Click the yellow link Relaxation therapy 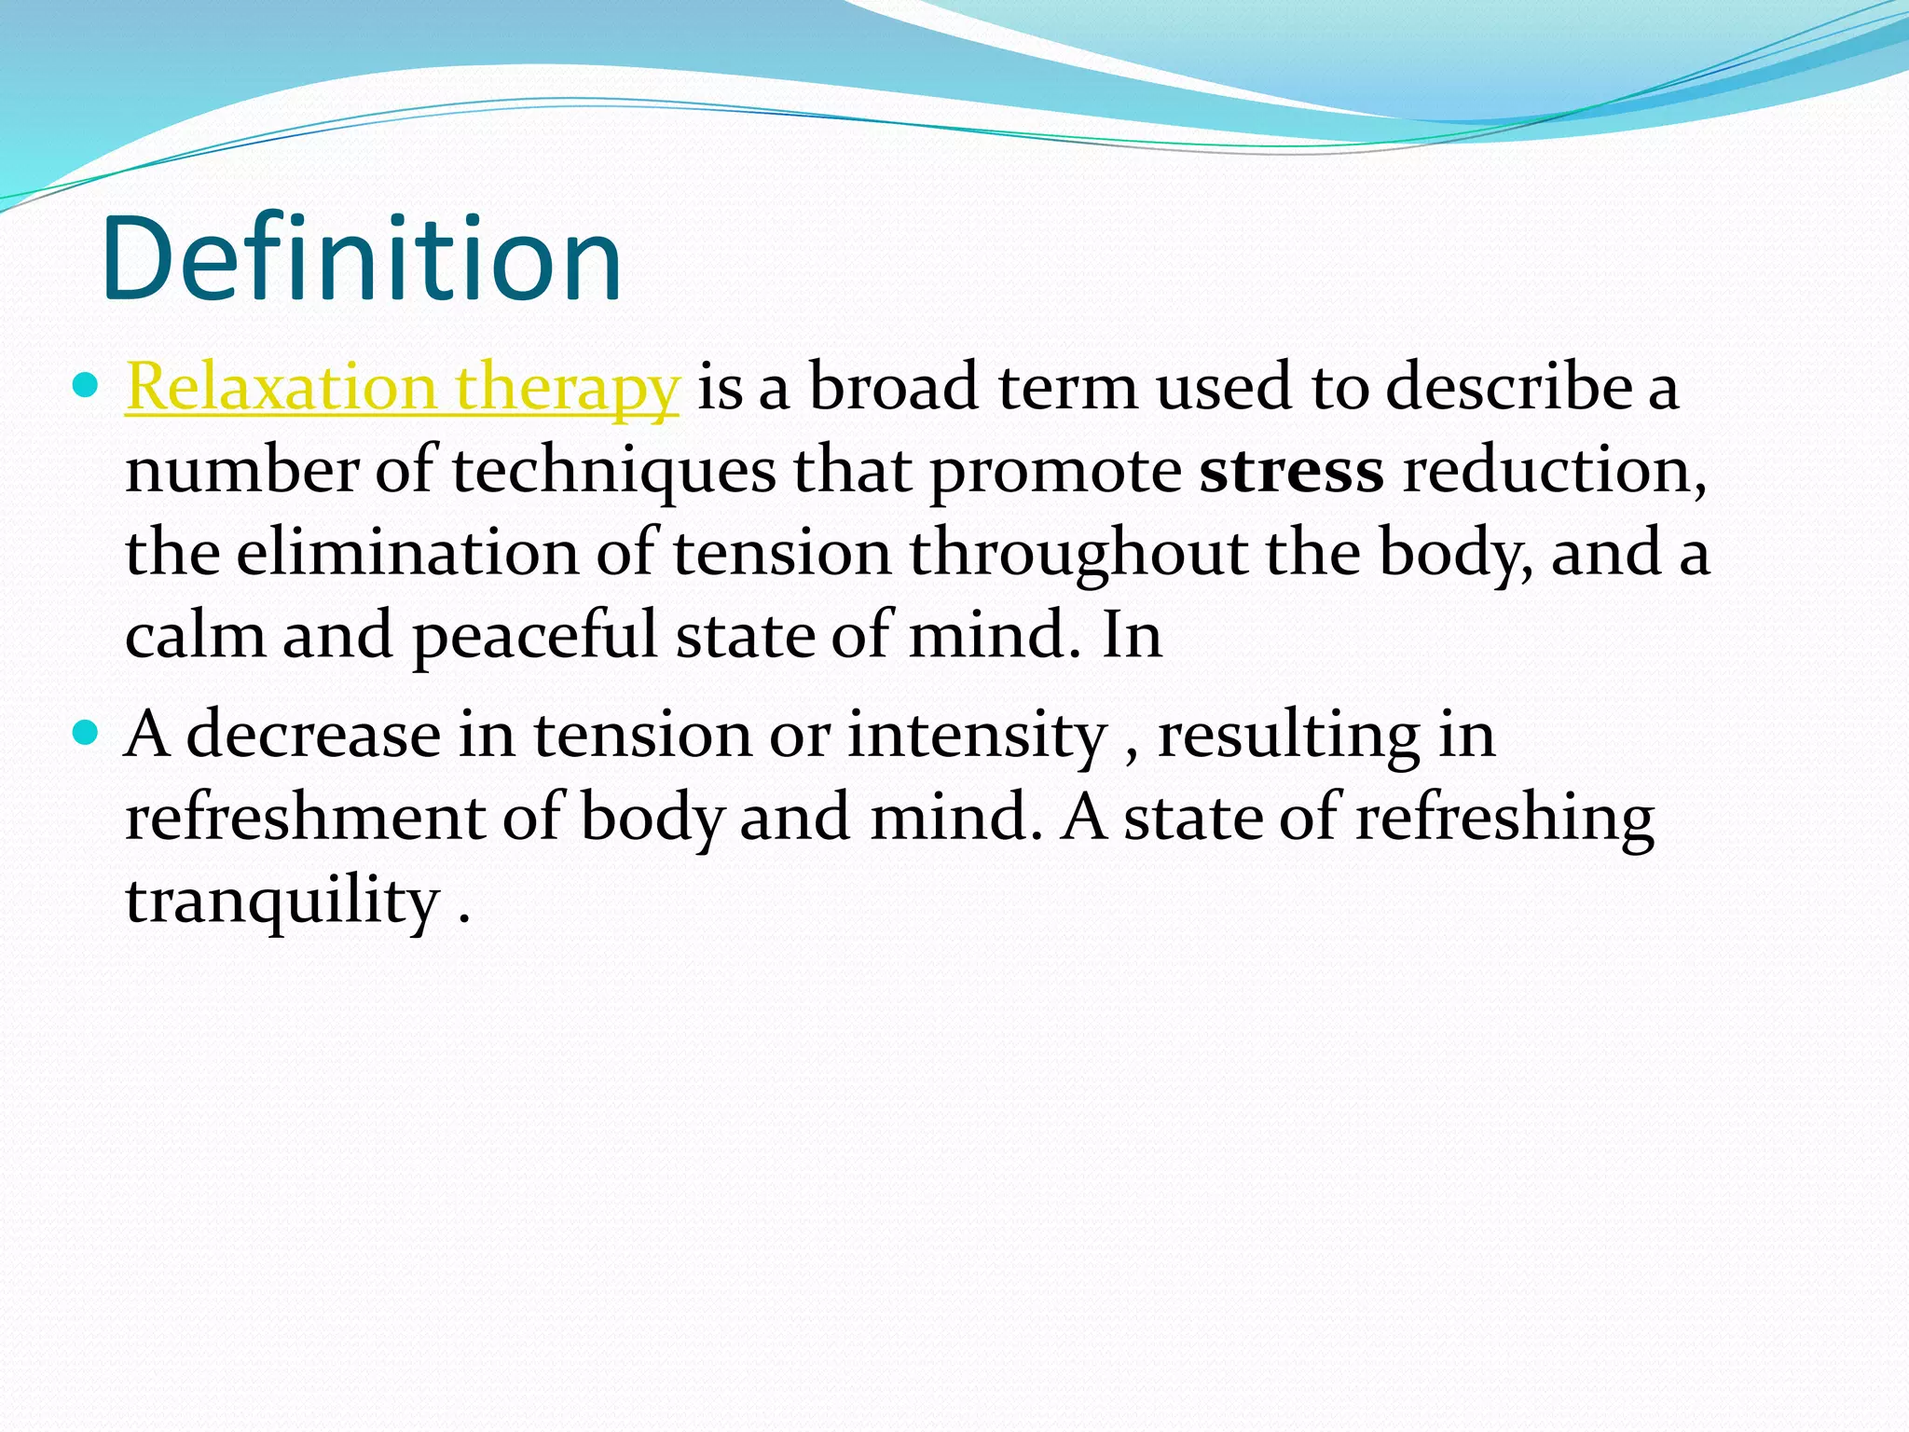pyautogui.click(x=402, y=387)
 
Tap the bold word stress pyautogui.click(x=1291, y=470)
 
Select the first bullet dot pyautogui.click(x=85, y=384)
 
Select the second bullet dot pyautogui.click(x=85, y=733)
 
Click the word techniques pyautogui.click(x=613, y=472)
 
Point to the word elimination pyautogui.click(x=407, y=552)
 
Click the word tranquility pyautogui.click(x=282, y=902)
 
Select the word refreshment pyautogui.click(x=306, y=818)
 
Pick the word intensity pyautogui.click(x=976, y=736)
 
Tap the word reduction pyautogui.click(x=1555, y=470)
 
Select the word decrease pyautogui.click(x=313, y=736)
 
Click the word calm pyautogui.click(x=195, y=635)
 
